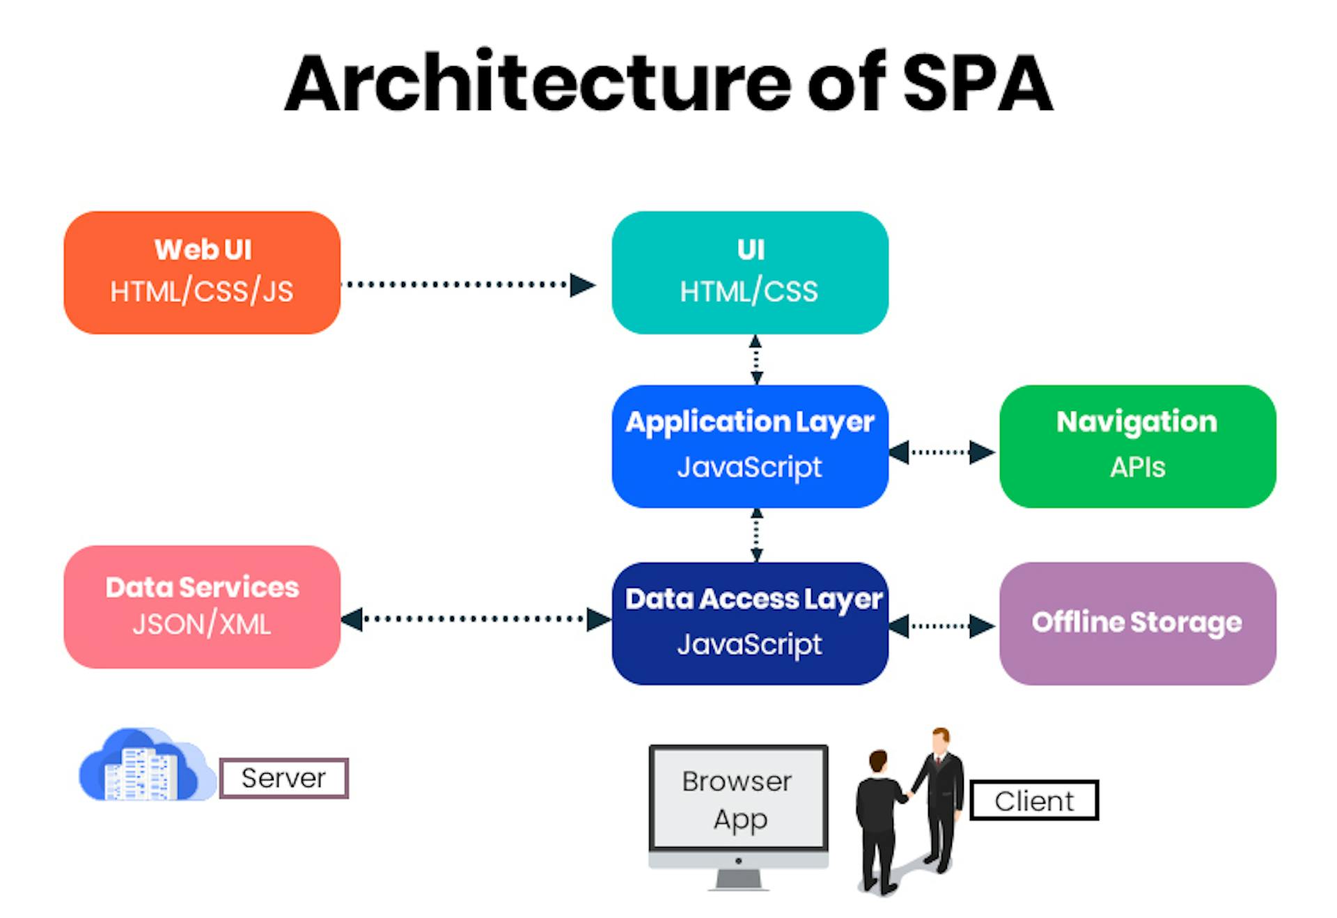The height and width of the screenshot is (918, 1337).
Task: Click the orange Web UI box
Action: pos(202,272)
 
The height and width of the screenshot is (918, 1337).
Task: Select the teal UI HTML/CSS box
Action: pos(749,272)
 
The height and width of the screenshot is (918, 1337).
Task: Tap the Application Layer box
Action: pos(749,446)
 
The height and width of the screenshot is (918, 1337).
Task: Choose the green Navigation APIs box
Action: pos(1136,446)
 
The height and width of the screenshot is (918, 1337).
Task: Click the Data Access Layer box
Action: pos(749,623)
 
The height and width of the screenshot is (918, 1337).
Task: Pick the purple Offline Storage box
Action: pos(1136,623)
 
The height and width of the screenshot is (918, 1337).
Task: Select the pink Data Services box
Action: pos(202,607)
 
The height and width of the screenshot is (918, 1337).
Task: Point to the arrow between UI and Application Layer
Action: pos(756,359)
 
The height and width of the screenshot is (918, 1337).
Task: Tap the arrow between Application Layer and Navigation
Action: pos(942,452)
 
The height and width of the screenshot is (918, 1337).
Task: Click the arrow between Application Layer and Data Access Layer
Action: pos(756,535)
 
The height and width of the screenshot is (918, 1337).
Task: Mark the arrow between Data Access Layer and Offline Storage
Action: pos(942,625)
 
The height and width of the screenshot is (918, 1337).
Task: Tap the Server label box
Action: pos(283,778)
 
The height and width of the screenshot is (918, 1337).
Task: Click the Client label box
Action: pos(1033,800)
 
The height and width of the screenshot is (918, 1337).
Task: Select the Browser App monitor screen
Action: pos(738,798)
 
